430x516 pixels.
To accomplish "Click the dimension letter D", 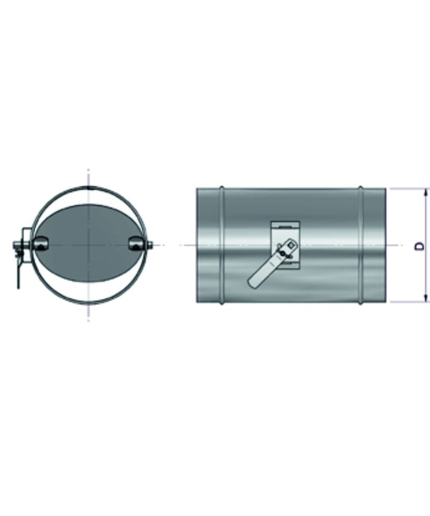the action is tap(419, 246).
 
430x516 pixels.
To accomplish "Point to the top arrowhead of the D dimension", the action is tap(426, 193).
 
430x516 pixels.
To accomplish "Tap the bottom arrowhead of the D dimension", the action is tap(426, 297).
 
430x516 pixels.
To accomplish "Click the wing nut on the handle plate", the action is tap(282, 253).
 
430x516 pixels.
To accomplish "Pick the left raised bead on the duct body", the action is tap(222, 245).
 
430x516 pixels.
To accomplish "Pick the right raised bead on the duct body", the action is tap(361, 245).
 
